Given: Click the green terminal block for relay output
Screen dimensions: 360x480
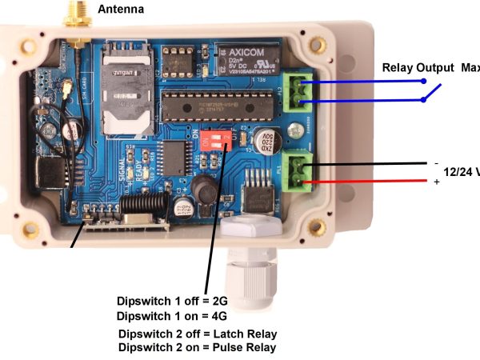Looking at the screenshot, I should point(300,90).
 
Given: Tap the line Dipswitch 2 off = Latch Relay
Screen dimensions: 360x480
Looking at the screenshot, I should point(197,334).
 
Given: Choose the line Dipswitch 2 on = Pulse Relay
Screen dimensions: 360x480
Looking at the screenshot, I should point(197,347).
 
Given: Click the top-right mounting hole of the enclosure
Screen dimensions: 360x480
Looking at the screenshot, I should point(318,44).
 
